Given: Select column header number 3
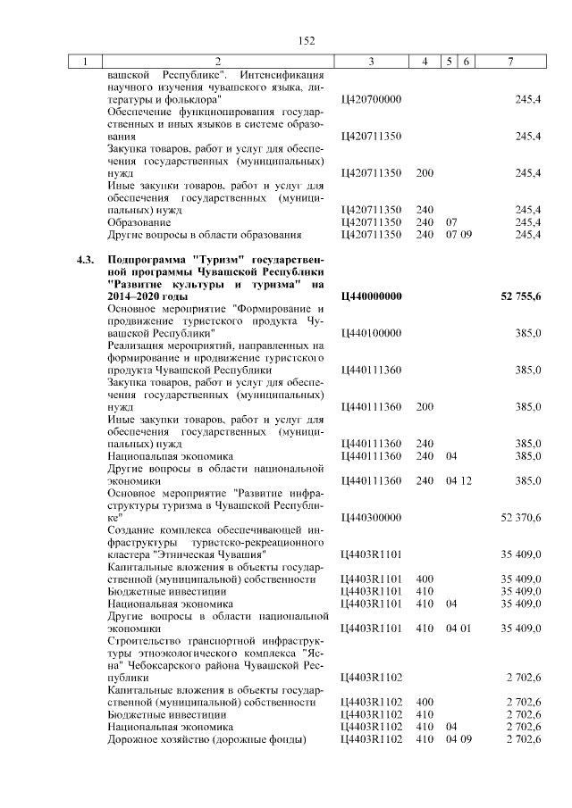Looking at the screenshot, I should (x=370, y=61).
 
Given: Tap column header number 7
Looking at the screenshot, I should (x=509, y=61).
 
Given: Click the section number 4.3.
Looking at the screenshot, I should (x=86, y=259).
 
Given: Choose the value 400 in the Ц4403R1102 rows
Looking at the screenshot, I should (x=425, y=703).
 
